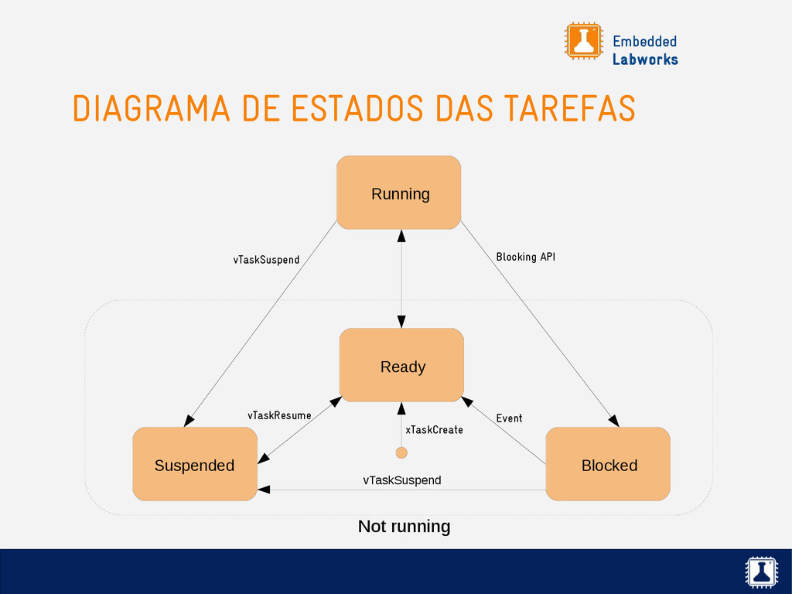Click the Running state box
pos(398,193)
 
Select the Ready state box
pos(401,365)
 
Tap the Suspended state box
pos(194,464)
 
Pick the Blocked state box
pos(608,464)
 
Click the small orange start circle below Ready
pos(401,452)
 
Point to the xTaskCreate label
pos(434,429)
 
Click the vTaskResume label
pos(279,415)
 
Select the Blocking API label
pos(525,257)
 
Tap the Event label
pos(509,418)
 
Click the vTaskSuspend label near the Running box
pos(266,260)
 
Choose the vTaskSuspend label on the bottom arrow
pos(401,480)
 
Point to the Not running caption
pos(404,527)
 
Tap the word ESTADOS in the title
pos(357,108)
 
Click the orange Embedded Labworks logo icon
pos(583,41)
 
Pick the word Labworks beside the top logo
pos(645,60)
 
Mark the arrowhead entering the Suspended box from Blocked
pos(264,490)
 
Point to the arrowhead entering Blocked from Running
pos(613,421)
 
